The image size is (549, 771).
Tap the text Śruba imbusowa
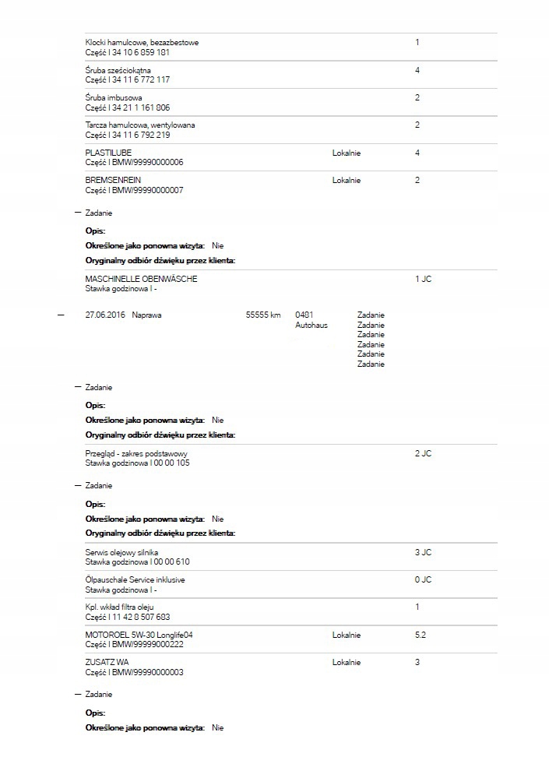(113, 97)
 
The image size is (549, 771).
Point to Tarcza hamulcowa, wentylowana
(139, 125)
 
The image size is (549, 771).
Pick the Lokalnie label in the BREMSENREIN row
(346, 180)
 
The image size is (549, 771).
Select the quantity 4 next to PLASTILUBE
(417, 153)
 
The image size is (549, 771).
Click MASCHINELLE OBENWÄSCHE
(141, 278)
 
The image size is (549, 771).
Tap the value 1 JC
(423, 278)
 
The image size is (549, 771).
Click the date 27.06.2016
(104, 315)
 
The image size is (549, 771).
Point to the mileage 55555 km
(262, 315)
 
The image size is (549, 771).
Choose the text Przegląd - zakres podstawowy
(136, 453)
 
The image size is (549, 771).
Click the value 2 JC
(423, 453)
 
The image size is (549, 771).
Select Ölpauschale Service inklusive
(135, 579)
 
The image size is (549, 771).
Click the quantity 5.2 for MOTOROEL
(421, 635)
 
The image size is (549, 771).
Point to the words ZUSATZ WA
(107, 663)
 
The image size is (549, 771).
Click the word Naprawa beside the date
(147, 315)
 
